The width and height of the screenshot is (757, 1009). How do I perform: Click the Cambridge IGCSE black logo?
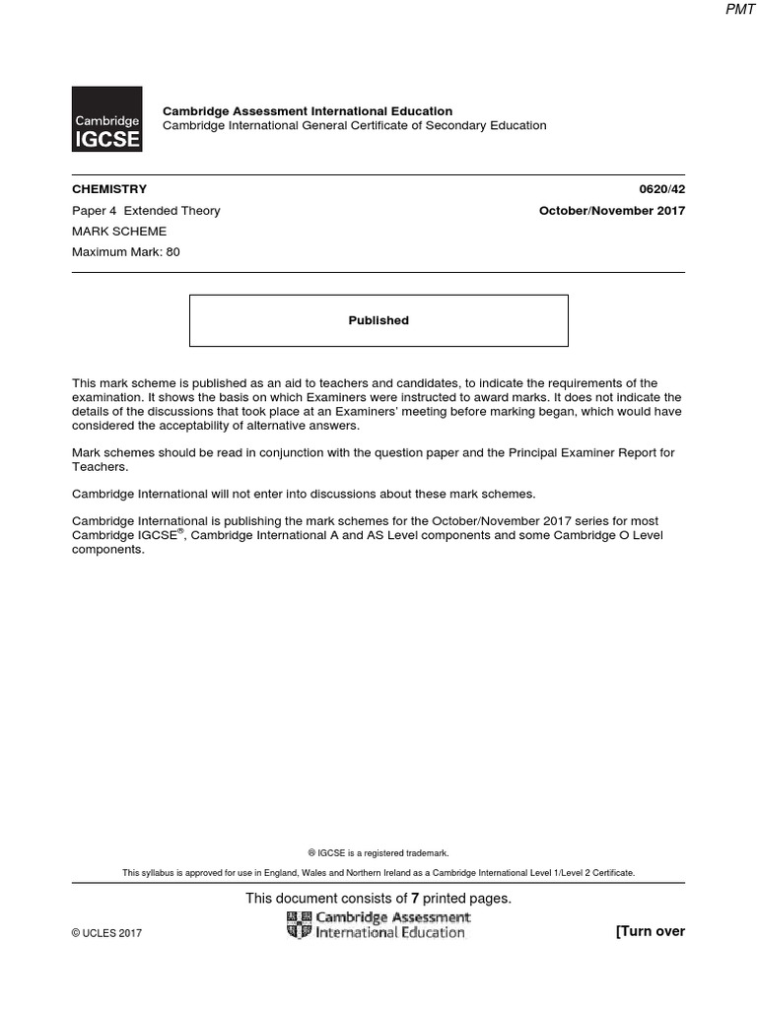click(x=106, y=119)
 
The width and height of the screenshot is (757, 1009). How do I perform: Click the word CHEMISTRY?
click(x=109, y=189)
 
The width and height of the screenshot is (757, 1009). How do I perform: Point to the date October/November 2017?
click(x=611, y=211)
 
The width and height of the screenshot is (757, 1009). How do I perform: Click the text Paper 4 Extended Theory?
click(x=146, y=211)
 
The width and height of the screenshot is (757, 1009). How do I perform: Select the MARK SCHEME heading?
click(x=119, y=232)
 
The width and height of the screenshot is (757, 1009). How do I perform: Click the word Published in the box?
click(x=378, y=320)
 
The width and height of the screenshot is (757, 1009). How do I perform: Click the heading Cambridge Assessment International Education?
click(x=308, y=111)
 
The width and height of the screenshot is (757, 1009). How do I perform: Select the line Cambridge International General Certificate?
click(x=354, y=126)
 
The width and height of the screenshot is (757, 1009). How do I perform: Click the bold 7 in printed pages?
click(x=416, y=899)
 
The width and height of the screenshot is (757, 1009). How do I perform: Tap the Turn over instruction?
click(x=650, y=932)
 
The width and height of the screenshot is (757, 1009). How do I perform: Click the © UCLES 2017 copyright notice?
click(x=106, y=933)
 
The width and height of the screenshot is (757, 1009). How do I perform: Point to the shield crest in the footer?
click(x=299, y=925)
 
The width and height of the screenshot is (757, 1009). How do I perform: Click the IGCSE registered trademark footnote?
click(x=378, y=853)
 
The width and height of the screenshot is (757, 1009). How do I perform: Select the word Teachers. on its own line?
click(x=100, y=467)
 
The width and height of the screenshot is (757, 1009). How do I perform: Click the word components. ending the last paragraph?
click(x=108, y=550)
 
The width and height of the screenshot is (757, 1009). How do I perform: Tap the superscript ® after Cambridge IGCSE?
click(x=181, y=532)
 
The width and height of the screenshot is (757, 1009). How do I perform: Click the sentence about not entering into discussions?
click(x=304, y=494)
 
